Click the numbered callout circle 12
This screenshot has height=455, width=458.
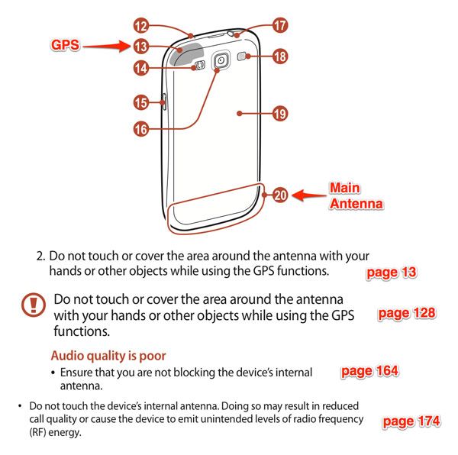click(x=141, y=26)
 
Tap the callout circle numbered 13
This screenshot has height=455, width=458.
click(x=141, y=47)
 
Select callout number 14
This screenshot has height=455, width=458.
click(x=141, y=68)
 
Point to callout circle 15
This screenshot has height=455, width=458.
click(x=141, y=102)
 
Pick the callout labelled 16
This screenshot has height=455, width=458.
click(x=141, y=129)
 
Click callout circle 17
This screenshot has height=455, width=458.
click(x=280, y=25)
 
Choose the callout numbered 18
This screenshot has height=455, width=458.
click(x=280, y=56)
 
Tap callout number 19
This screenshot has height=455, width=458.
click(x=280, y=114)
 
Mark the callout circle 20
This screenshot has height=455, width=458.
click(x=280, y=195)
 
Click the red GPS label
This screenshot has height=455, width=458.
click(x=65, y=45)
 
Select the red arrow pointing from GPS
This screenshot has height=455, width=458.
click(x=106, y=46)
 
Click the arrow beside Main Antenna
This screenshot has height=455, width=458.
click(x=309, y=195)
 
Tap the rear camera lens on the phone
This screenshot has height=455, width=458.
click(x=221, y=60)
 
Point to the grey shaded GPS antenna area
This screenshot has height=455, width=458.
click(x=185, y=54)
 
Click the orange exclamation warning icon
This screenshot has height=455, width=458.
click(x=34, y=305)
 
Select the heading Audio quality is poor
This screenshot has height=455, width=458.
click(x=108, y=356)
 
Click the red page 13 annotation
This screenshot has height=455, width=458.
click(x=392, y=273)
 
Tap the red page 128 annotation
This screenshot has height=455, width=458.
click(x=407, y=313)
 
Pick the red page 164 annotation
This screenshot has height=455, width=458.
click(x=369, y=371)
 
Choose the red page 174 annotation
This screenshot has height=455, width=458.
click(x=411, y=421)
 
